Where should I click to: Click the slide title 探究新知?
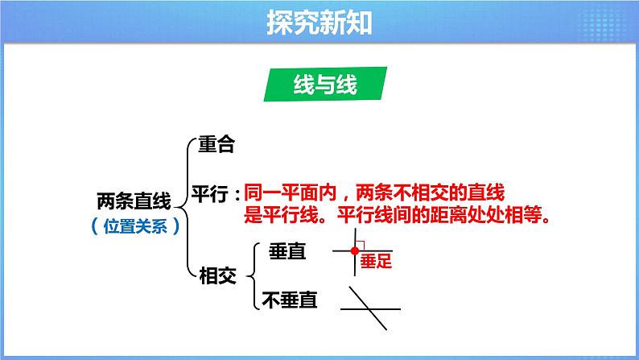319,21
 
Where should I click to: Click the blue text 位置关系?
134,226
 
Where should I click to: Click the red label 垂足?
375,260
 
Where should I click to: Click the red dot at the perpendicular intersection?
355,251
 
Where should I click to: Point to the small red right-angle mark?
361,246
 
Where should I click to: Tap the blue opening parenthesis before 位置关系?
95,226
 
